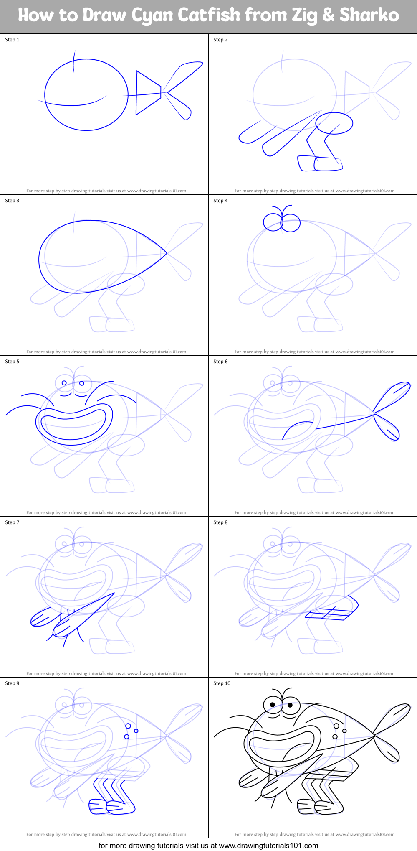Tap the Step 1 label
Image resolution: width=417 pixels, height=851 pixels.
pos(12,40)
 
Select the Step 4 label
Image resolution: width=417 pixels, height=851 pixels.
pos(220,201)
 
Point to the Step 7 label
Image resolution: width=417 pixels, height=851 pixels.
pos(12,522)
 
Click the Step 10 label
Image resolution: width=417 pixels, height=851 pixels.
pos(222,683)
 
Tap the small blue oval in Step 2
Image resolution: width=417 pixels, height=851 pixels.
pos(334,123)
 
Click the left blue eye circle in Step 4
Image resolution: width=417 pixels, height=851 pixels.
pos(273,222)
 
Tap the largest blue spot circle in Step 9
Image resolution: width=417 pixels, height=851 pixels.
pos(128,726)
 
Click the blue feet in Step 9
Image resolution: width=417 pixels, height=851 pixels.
pos(112,807)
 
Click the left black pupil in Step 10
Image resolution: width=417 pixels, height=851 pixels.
pos(273,705)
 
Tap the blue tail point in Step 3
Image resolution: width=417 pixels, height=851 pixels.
pos(167,253)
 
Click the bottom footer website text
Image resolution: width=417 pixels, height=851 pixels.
pos(208,845)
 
